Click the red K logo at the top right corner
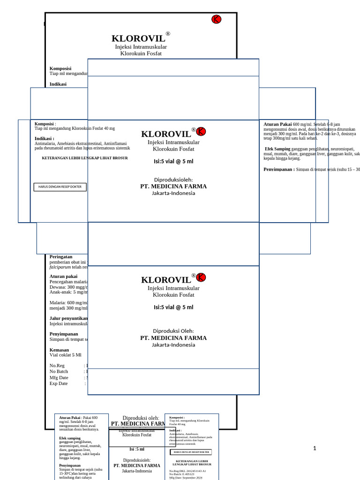tap(216, 19)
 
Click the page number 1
tap(315, 449)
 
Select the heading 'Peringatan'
tap(61, 257)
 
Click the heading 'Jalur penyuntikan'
tap(68, 318)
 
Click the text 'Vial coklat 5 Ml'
tap(66, 355)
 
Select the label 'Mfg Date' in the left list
tap(59, 377)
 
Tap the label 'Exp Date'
tap(59, 383)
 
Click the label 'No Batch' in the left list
tap(59, 371)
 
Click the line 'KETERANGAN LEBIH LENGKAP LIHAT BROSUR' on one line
tap(85, 158)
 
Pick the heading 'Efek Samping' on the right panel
tap(277, 149)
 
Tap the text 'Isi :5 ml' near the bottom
tap(137, 449)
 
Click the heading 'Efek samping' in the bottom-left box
tap(70, 438)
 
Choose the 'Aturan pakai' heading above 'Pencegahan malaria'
tap(63, 277)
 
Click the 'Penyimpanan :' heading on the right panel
tap(279, 169)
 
